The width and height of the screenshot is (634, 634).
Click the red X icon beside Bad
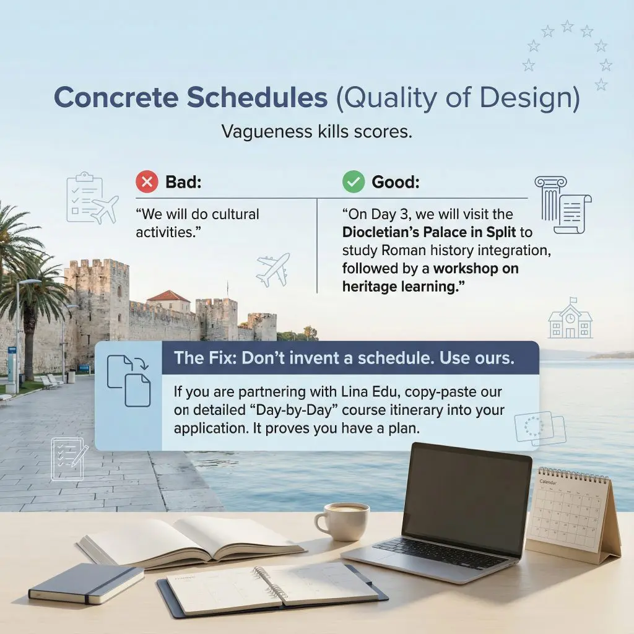coord(147,183)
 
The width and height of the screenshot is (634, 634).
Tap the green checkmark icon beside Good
coord(354,183)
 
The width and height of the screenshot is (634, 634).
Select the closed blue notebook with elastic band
coord(86,582)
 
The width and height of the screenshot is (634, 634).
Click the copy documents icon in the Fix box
coord(129,381)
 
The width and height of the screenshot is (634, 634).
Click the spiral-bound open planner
coord(272,588)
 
